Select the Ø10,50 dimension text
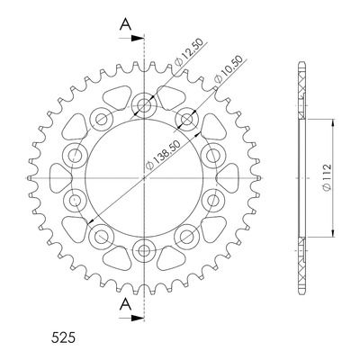pyautogui.click(x=228, y=69)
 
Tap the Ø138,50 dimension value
pyautogui.click(x=163, y=155)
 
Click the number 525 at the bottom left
pyautogui.click(x=63, y=337)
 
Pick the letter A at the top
pyautogui.click(x=125, y=24)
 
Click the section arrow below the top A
pyautogui.click(x=131, y=39)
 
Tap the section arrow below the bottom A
pyautogui.click(x=131, y=318)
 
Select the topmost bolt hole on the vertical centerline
pyautogui.click(x=144, y=105)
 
